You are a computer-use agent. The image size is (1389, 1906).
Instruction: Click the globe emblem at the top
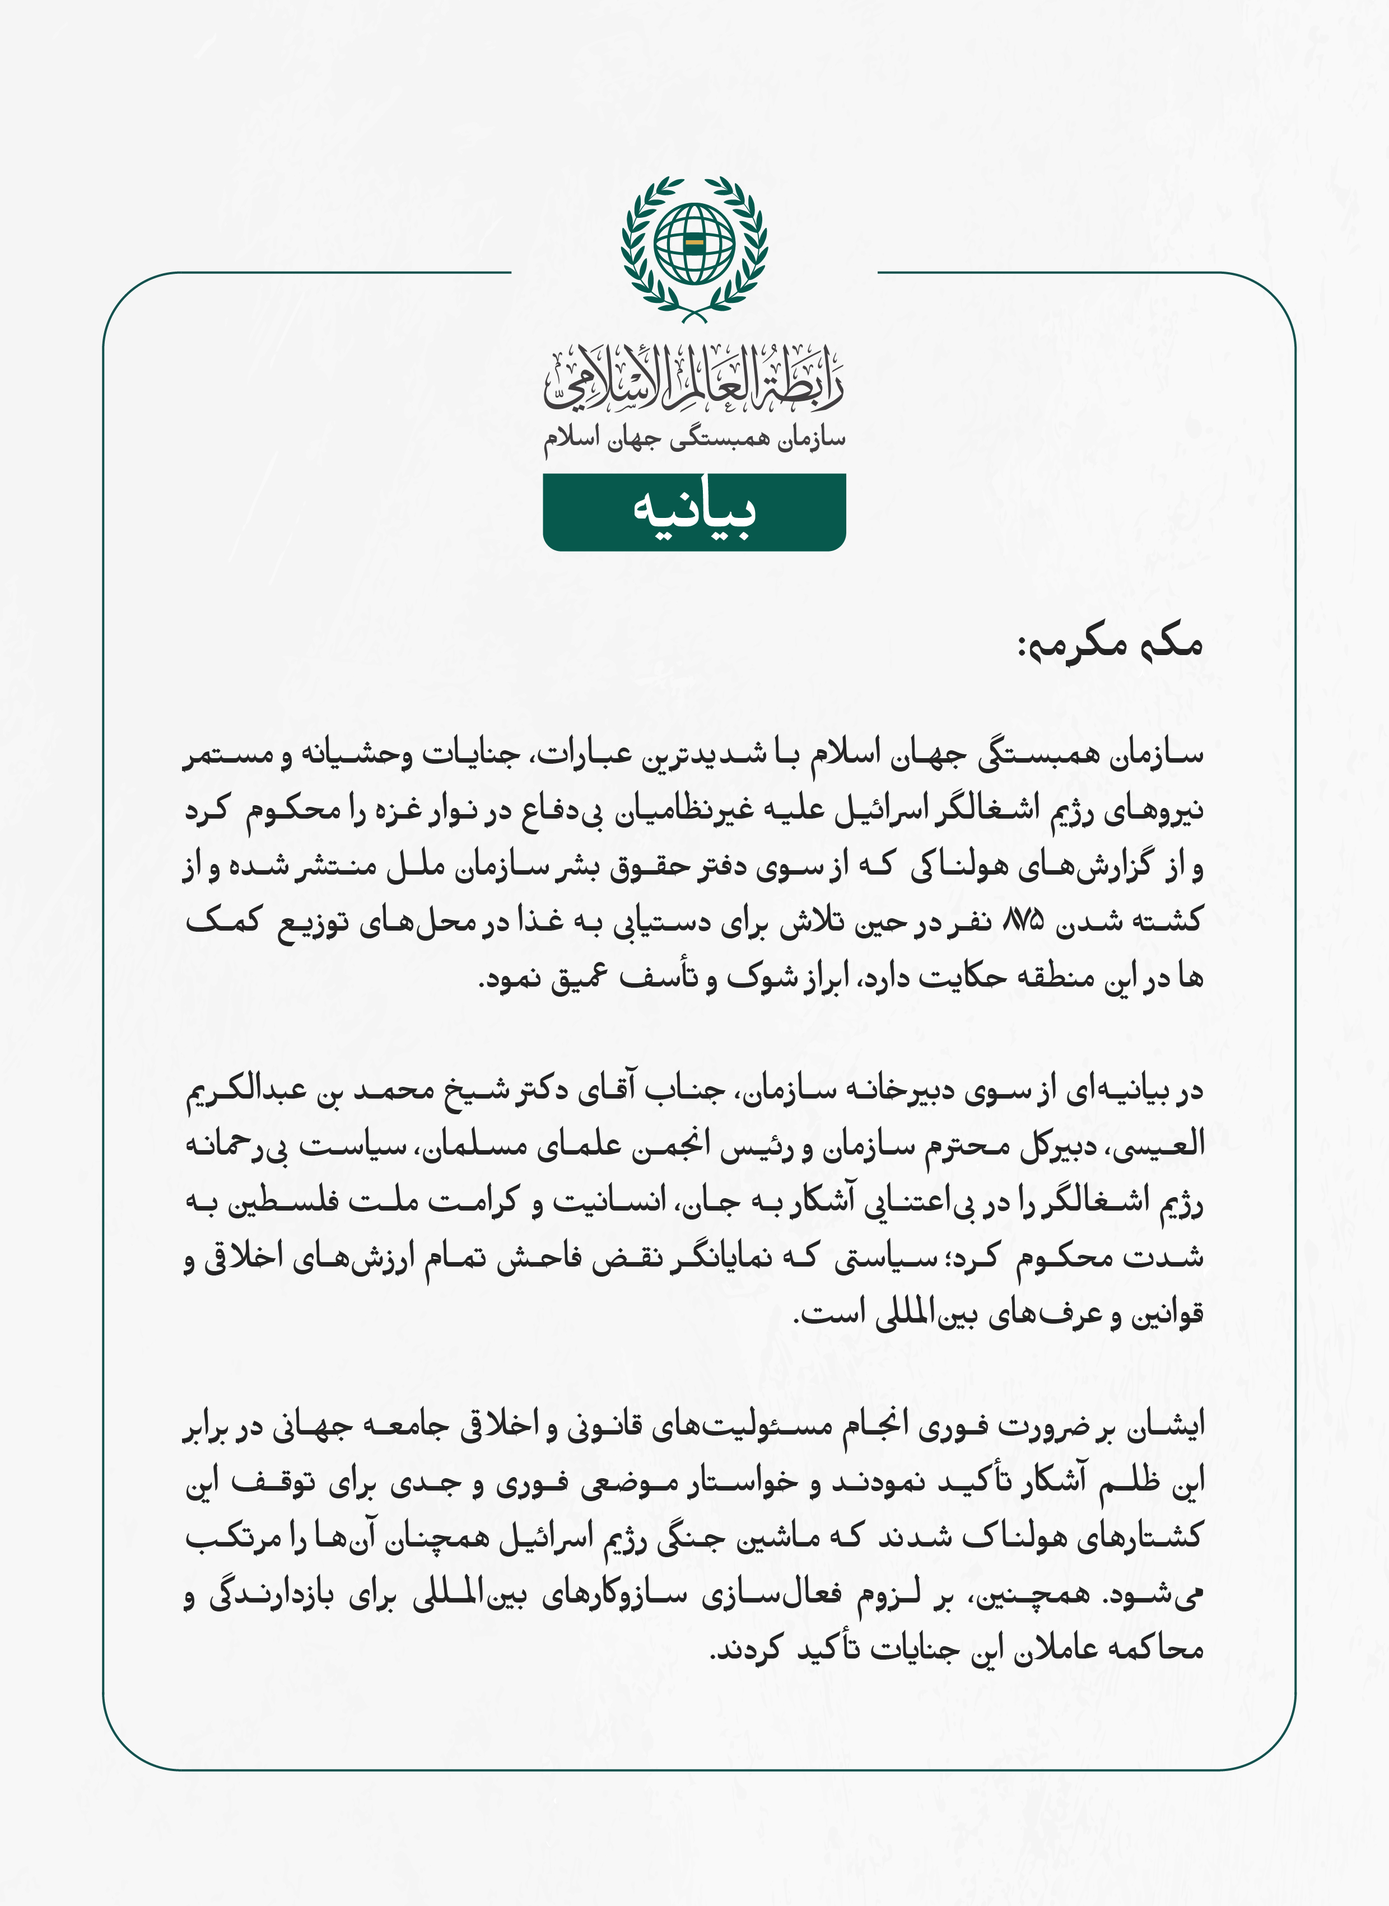coord(694,244)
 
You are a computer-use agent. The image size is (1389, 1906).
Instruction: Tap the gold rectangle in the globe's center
coord(694,244)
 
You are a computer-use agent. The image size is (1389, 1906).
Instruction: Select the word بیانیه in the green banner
coord(694,512)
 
